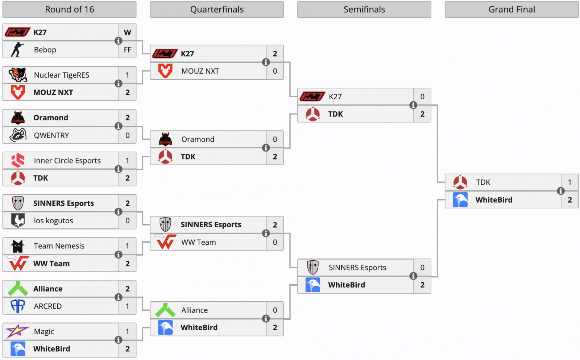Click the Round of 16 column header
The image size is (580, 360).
click(69, 10)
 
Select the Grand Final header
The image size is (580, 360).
click(511, 10)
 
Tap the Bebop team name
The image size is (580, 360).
click(45, 50)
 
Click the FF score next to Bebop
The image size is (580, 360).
click(127, 50)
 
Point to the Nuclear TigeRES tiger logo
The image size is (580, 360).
click(18, 75)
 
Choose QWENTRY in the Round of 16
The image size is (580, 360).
click(51, 135)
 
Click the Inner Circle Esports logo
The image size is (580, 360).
click(18, 160)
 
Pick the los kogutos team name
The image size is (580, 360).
click(53, 221)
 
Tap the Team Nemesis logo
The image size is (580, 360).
click(18, 246)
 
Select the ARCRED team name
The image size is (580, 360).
click(47, 306)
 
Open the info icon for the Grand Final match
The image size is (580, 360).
click(561, 191)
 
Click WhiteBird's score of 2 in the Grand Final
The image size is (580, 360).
click(570, 200)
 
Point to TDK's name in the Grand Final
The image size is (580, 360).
click(483, 182)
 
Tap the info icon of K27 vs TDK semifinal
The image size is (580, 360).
click(413, 105)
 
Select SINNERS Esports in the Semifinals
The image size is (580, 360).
click(357, 268)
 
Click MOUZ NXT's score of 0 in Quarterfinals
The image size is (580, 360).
click(275, 71)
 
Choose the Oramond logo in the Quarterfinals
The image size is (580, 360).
click(165, 139)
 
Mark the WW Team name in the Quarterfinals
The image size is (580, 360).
click(198, 242)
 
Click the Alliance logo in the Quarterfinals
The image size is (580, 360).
click(165, 310)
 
